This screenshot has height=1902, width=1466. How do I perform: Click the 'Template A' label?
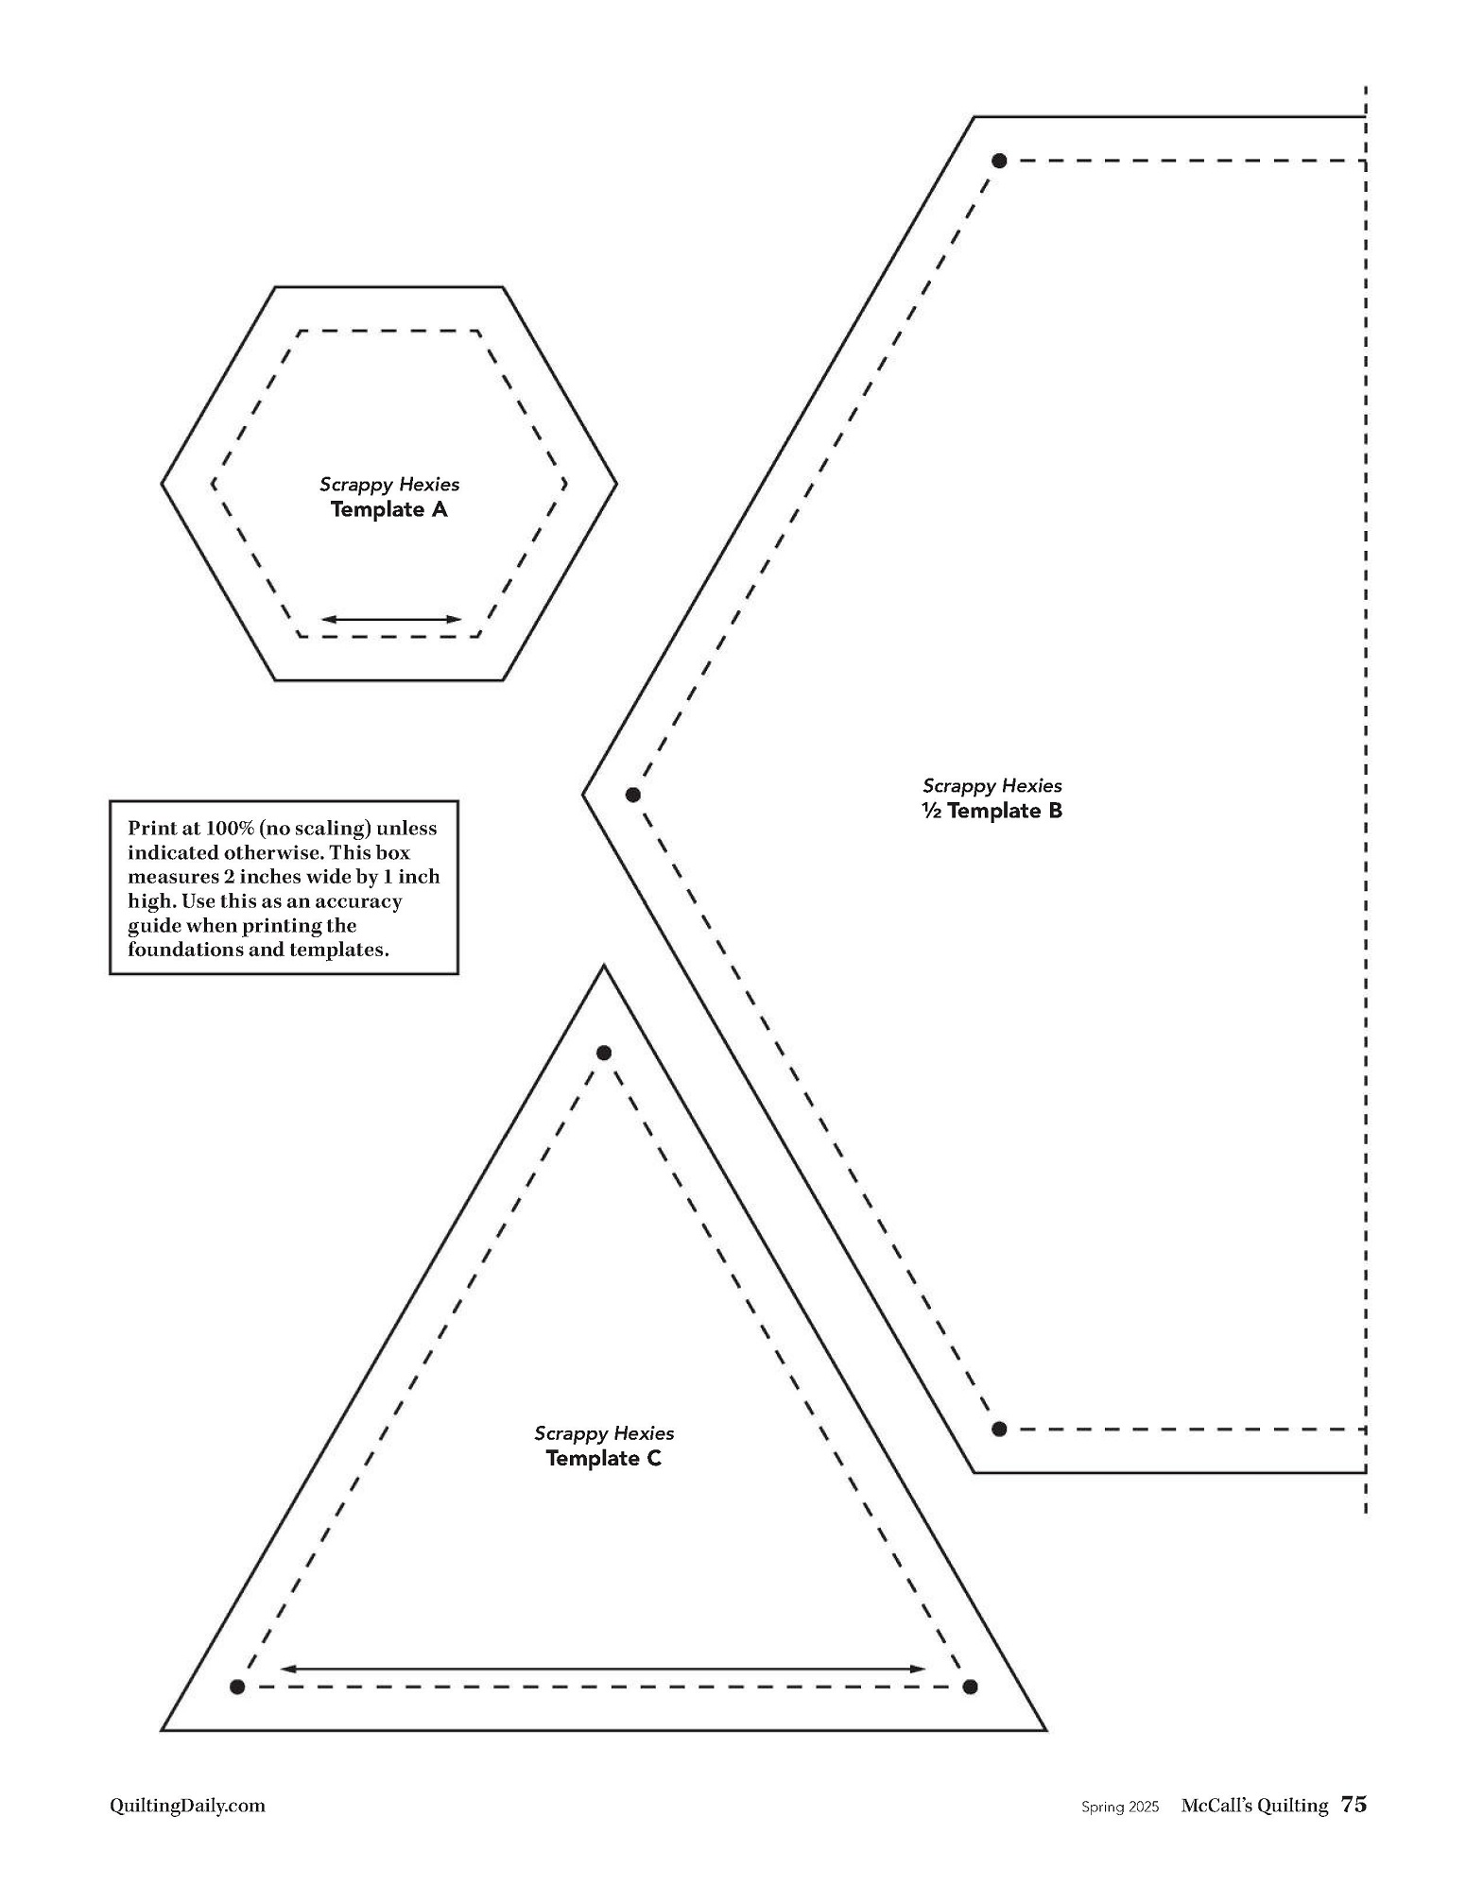click(388, 510)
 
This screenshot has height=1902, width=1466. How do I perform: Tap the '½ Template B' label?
click(992, 811)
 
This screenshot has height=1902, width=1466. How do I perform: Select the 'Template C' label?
click(604, 1458)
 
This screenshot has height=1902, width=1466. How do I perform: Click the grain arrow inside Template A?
click(391, 620)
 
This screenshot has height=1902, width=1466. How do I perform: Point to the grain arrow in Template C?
click(603, 1669)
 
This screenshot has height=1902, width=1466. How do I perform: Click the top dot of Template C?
click(604, 1053)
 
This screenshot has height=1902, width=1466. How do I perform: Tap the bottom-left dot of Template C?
click(237, 1687)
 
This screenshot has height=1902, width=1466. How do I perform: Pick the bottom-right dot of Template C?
click(969, 1687)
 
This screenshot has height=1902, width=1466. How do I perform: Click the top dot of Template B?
click(999, 161)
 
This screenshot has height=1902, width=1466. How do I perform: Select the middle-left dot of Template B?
click(633, 795)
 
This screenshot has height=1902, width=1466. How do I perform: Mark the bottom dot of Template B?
click(999, 1429)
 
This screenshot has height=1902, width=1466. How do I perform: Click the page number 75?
click(1354, 1805)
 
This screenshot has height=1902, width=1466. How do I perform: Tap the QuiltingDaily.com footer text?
click(187, 1806)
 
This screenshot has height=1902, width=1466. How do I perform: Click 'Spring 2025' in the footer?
click(1120, 1807)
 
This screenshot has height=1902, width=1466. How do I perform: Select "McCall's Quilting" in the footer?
click(1254, 1806)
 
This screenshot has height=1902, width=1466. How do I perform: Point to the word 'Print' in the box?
click(151, 829)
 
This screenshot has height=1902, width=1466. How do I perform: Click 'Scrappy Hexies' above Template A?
click(389, 485)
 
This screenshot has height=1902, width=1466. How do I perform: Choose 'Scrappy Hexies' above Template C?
click(604, 1433)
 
